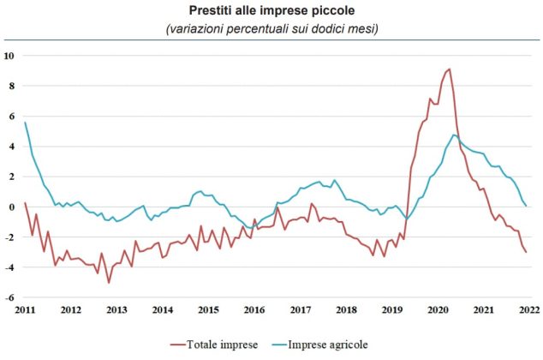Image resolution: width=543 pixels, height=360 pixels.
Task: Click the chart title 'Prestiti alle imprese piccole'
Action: [271, 11]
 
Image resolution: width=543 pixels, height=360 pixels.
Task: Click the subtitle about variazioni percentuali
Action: [271, 28]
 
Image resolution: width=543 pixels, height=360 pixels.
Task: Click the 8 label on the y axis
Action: [11, 86]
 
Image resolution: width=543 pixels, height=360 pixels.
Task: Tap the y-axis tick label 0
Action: [11, 207]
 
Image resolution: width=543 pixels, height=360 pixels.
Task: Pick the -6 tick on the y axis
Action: [9, 297]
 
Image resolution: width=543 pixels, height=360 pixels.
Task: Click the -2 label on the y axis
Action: [9, 237]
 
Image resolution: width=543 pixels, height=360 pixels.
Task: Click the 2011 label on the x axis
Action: [25, 309]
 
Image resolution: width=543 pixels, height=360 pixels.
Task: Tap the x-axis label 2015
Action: [207, 309]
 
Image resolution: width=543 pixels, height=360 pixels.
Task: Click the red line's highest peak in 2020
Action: [450, 69]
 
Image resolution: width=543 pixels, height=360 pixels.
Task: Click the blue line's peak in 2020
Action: [454, 135]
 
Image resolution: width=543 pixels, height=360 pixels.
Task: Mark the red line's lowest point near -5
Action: [109, 282]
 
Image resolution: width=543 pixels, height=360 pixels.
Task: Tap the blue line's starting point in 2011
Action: [25, 123]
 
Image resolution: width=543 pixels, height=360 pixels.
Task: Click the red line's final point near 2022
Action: [525, 252]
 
